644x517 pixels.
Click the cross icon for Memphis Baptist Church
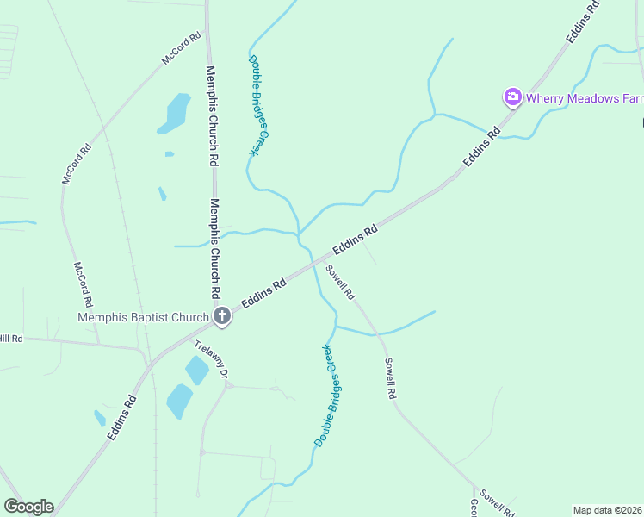coord(222,316)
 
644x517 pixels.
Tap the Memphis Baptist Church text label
coord(143,317)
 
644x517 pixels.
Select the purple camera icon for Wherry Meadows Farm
coord(513,97)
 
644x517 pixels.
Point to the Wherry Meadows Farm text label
coord(585,98)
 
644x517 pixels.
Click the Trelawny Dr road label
coord(211,360)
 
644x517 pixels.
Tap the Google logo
coord(28,507)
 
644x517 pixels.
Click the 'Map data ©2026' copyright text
coord(608,509)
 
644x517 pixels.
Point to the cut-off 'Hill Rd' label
coord(11,338)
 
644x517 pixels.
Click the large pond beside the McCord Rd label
coord(176,113)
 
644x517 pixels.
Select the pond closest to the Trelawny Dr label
coord(197,370)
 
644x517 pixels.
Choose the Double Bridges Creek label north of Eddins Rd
coord(260,105)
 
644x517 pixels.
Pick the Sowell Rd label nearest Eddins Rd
coord(340,281)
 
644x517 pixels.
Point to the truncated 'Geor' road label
coord(474,508)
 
